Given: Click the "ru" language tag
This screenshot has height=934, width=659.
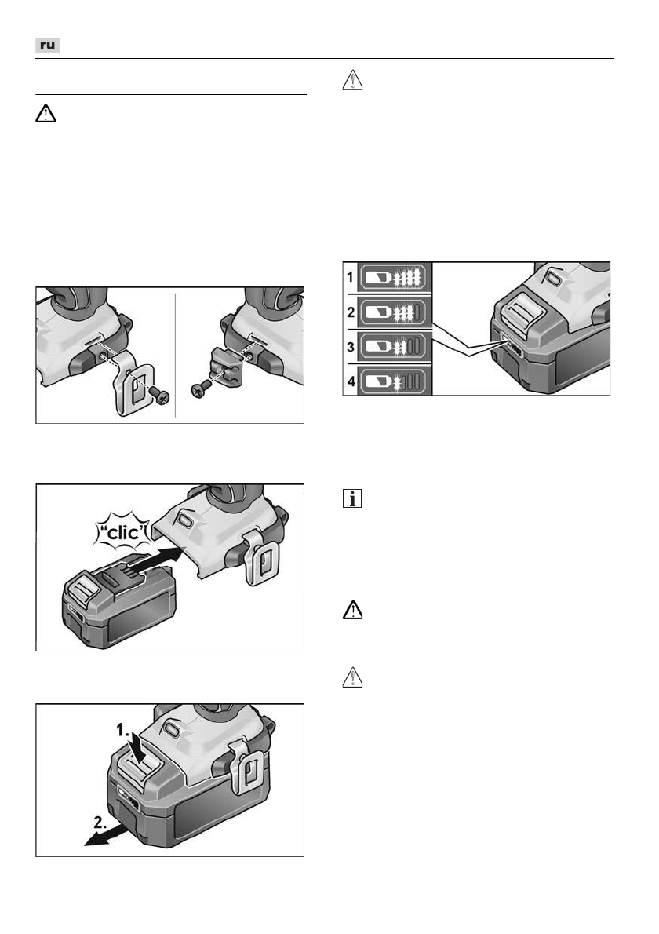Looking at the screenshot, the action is click(x=48, y=46).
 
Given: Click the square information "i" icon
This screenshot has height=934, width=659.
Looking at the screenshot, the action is click(x=352, y=499).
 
